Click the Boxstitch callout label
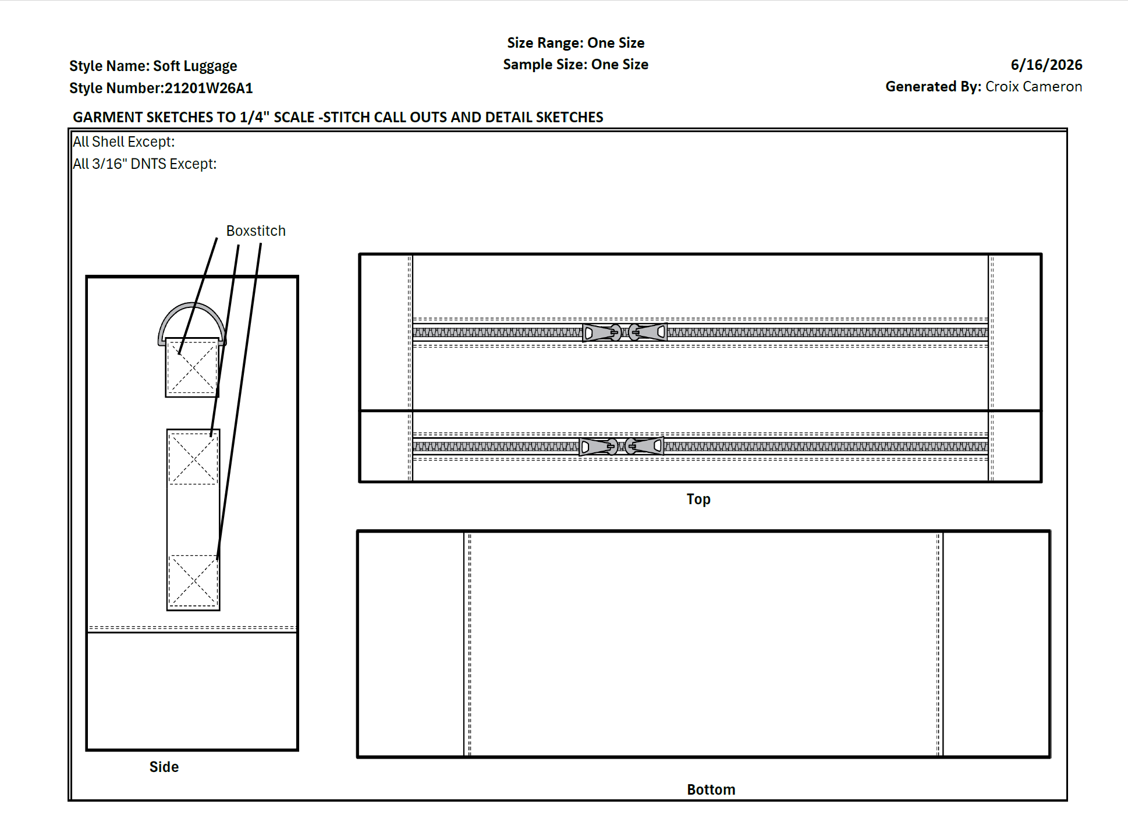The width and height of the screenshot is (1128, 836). coord(256,231)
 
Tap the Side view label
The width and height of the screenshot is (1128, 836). coord(164,767)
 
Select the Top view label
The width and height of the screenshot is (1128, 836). coord(698,500)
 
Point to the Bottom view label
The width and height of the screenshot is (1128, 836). coord(711,789)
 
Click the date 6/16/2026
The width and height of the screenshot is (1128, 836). coord(1046,65)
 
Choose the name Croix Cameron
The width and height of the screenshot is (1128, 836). coord(1034,87)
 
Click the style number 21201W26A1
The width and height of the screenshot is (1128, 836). coord(208,88)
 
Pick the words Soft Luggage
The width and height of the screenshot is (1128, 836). coord(195,66)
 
